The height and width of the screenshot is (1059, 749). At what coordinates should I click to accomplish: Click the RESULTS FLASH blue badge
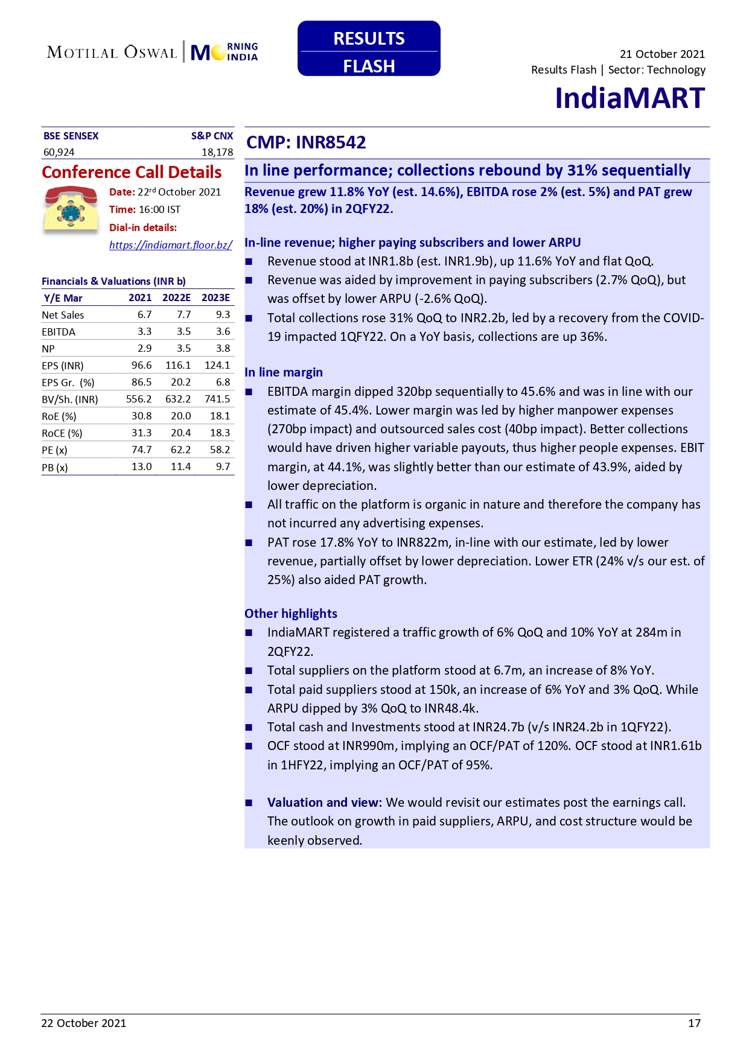click(x=369, y=49)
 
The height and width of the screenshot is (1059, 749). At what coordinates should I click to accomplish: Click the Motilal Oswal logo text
click(x=112, y=52)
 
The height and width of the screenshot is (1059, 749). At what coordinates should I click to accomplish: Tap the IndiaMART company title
click(x=629, y=98)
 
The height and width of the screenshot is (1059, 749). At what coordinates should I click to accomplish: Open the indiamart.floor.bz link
click(x=171, y=245)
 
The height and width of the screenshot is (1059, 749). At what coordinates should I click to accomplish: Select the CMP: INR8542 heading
click(x=306, y=142)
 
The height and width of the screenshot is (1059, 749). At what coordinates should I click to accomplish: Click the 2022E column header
click(x=176, y=297)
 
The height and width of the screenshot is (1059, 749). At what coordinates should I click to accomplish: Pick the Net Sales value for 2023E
click(x=223, y=314)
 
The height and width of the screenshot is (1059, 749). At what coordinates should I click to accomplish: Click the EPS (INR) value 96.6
click(x=141, y=365)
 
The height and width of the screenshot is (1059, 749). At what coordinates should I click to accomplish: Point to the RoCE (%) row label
click(x=62, y=433)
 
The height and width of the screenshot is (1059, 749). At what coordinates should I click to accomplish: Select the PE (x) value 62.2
click(x=180, y=450)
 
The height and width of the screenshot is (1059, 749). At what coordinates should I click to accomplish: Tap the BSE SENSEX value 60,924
click(x=59, y=152)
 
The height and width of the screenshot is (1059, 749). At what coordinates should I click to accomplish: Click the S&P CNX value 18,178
click(x=217, y=152)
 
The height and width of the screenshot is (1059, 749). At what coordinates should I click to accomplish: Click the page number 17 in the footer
click(x=694, y=1023)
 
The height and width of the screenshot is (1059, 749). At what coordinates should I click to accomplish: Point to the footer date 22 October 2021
click(x=84, y=1023)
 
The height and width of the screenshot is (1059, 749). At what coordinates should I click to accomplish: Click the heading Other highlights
click(x=291, y=614)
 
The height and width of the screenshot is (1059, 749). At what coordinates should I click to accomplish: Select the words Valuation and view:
click(x=324, y=803)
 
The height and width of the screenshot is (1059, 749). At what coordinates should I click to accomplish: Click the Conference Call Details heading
click(x=132, y=173)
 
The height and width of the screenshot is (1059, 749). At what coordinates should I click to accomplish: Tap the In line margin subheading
click(x=284, y=372)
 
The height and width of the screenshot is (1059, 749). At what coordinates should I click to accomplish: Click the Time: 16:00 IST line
click(x=145, y=209)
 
